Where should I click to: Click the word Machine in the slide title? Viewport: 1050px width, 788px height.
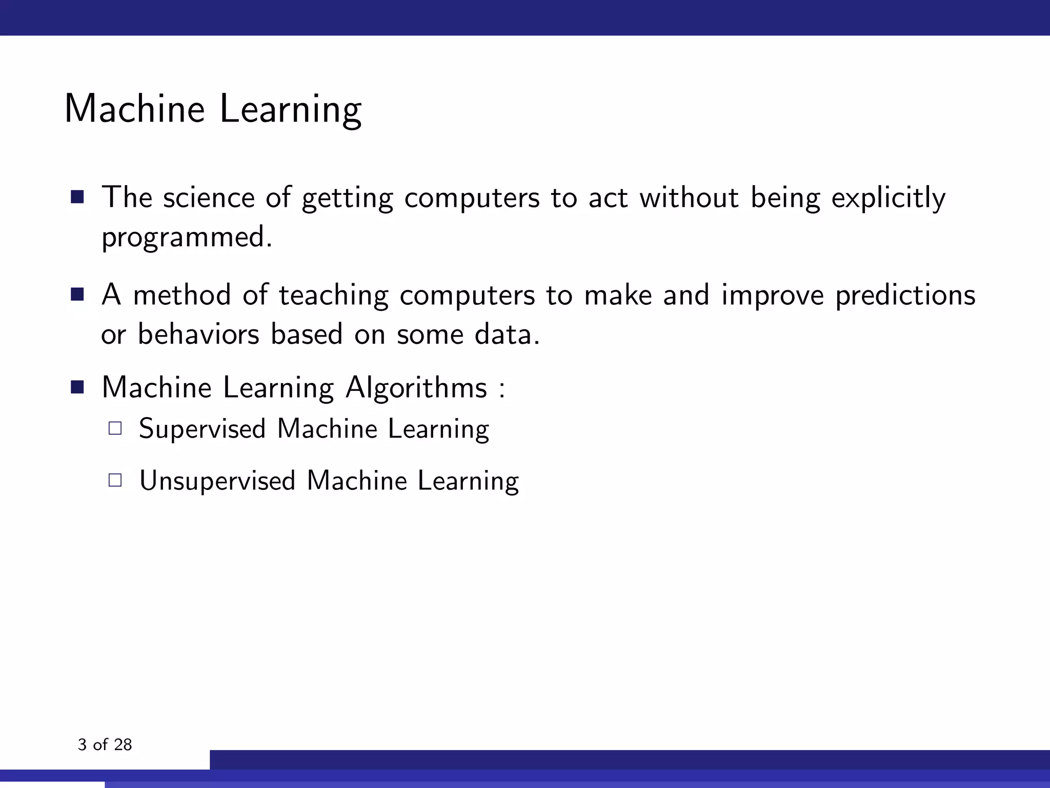tap(134, 109)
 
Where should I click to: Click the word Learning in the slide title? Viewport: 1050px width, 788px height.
tap(290, 110)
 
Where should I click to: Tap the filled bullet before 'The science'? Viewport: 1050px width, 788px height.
tap(77, 197)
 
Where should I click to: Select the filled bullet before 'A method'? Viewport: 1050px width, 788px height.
tap(77, 294)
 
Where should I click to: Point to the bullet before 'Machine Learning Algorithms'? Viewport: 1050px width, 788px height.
tap(77, 387)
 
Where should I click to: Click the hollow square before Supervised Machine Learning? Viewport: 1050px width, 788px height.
tap(115, 428)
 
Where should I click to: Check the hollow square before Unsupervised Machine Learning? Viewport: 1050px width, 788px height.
tap(115, 480)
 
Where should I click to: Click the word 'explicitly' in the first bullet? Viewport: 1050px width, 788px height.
tap(888, 198)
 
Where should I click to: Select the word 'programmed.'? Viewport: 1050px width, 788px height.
tap(187, 238)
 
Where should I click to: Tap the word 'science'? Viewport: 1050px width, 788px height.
tap(208, 198)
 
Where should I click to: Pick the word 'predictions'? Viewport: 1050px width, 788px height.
tap(905, 295)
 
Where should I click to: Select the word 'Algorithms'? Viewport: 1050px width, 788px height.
tap(416, 387)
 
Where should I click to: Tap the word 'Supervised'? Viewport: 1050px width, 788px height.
tap(202, 429)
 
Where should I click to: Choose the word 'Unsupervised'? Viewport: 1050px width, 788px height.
tap(217, 481)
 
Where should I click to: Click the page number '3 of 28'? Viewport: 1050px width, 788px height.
tap(105, 744)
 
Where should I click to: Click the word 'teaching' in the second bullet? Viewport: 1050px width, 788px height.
tap(333, 296)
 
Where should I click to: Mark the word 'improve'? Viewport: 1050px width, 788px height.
tap(772, 296)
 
